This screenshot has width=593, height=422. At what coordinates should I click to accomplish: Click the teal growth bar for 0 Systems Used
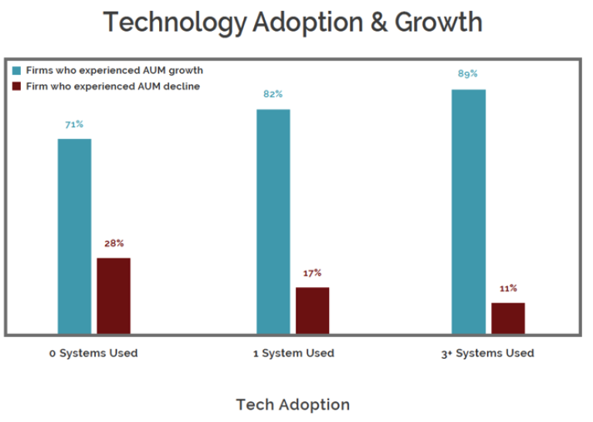74,236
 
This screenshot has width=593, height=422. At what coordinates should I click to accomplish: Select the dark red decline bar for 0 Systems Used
114,295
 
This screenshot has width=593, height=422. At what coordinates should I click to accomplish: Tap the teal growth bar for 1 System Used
273,221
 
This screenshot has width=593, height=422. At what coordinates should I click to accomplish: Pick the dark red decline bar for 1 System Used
312,310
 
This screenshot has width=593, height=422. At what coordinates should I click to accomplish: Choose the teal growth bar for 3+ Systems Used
469,211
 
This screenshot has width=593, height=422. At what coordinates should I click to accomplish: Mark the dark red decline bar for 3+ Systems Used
508,318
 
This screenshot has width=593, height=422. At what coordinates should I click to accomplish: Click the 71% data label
74,124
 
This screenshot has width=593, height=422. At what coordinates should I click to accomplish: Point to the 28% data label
114,243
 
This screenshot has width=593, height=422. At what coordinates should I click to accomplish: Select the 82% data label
273,94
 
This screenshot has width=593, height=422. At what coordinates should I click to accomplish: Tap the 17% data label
312,273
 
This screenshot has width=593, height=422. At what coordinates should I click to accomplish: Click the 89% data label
469,74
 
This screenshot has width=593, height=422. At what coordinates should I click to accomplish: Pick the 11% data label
508,289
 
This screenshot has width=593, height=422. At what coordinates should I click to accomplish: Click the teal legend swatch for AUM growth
16,71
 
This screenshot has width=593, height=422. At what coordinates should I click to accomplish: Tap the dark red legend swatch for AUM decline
16,86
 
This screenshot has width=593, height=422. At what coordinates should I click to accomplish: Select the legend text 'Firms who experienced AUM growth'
114,71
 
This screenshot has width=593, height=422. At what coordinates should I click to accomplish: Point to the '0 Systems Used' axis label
93,353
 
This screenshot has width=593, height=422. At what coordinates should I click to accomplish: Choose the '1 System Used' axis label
293,353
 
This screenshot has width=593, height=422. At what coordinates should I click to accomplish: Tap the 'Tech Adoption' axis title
293,404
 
